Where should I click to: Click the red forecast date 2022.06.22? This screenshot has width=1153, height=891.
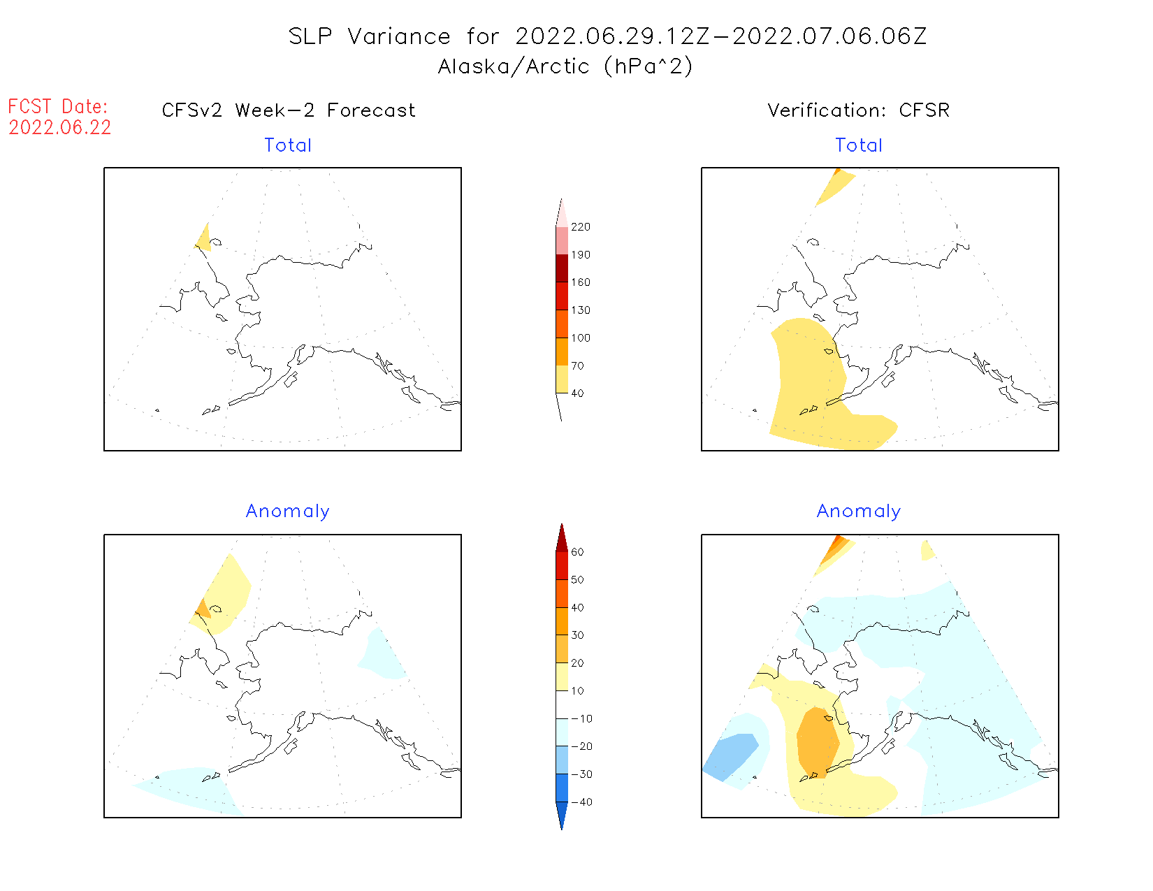tap(60, 127)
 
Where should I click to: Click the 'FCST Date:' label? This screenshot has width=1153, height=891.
tap(58, 106)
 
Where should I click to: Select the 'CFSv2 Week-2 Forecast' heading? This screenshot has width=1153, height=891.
tap(289, 110)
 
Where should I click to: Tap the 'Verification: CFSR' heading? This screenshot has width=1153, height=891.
tap(859, 110)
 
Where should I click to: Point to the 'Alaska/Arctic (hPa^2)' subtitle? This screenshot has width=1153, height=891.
tap(565, 66)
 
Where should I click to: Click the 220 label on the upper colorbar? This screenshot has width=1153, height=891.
tap(581, 227)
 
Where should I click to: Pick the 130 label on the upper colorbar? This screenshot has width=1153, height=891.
tap(581, 310)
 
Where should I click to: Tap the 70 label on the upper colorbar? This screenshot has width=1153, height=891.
tap(578, 365)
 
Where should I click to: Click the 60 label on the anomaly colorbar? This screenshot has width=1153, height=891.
tap(578, 552)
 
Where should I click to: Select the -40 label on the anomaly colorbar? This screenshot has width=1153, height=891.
tap(581, 802)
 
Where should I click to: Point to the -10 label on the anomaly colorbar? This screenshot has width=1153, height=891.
tap(581, 718)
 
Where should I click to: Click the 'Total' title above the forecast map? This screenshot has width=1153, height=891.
tap(288, 145)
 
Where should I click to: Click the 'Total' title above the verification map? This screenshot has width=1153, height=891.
tap(859, 145)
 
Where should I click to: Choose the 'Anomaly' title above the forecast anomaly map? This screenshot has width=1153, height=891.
tap(288, 512)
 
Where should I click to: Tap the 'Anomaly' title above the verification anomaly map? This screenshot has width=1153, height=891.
tap(859, 512)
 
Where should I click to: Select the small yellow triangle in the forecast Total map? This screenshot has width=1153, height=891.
tap(204, 240)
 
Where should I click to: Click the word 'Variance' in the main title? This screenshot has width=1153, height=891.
tap(399, 36)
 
